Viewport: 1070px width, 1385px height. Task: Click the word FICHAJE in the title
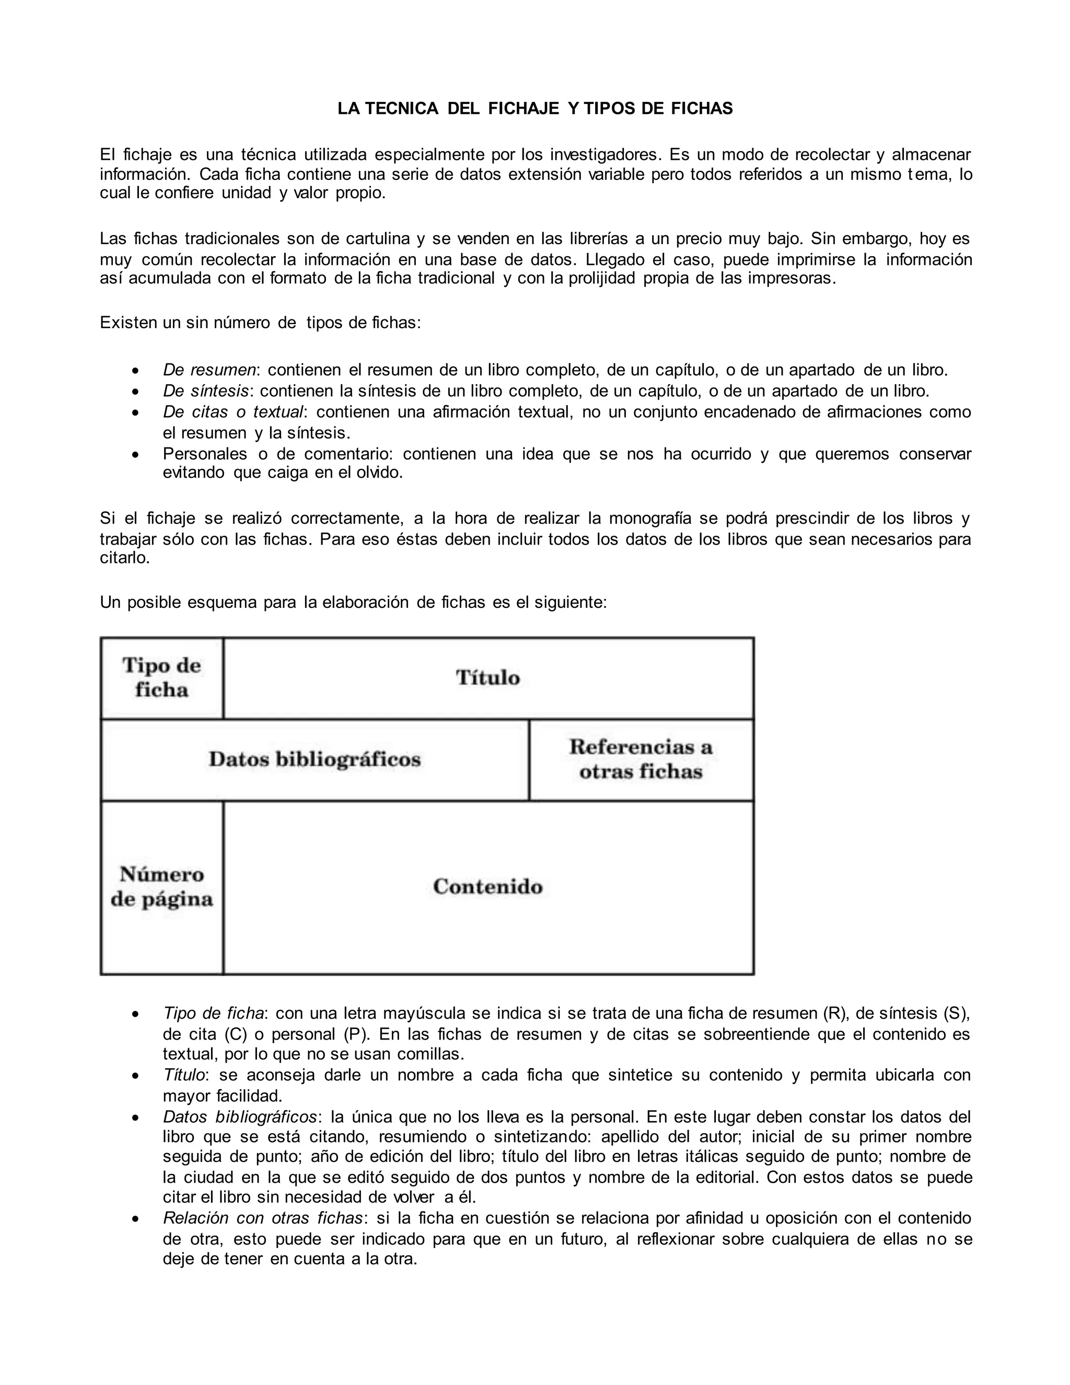point(524,108)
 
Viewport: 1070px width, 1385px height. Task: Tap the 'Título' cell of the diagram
point(488,677)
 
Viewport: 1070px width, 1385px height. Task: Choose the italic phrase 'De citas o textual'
point(232,412)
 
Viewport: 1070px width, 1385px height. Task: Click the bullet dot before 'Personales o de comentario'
point(134,455)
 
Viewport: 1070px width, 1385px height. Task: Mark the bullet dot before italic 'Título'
point(134,1076)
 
